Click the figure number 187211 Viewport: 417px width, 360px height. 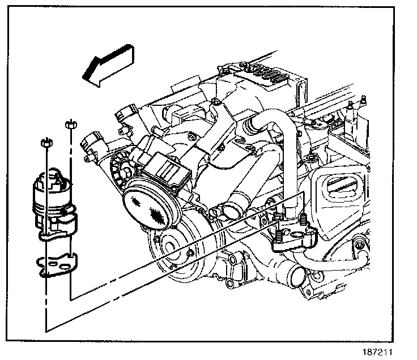click(x=382, y=352)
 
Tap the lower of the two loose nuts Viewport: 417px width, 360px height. click(x=46, y=143)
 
